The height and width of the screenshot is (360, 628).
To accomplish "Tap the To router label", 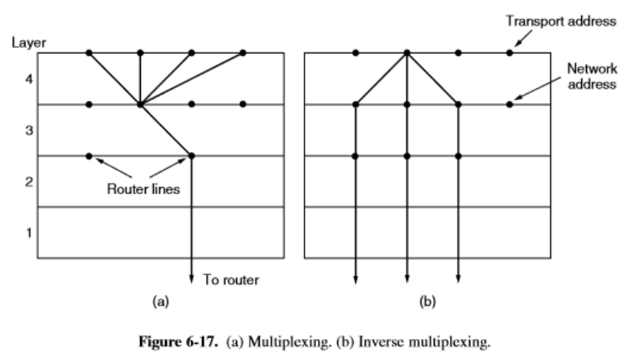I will pyautogui.click(x=230, y=281).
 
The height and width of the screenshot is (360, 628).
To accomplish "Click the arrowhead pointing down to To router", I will pyautogui.click(x=192, y=279).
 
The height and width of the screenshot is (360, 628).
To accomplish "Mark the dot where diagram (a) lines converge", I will pyautogui.click(x=140, y=104).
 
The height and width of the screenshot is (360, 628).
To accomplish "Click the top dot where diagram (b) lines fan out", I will pyautogui.click(x=407, y=53).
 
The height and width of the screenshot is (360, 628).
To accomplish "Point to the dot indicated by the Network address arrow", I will pyautogui.click(x=510, y=104).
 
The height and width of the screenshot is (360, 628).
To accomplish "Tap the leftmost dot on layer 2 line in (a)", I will pyautogui.click(x=89, y=155).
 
